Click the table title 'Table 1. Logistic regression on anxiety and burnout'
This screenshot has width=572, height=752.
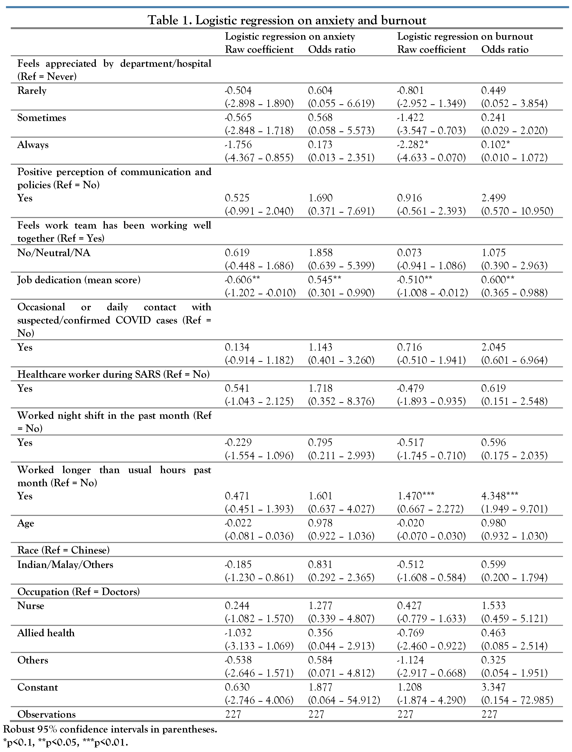click(287, 20)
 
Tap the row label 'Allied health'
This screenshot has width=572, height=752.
click(46, 633)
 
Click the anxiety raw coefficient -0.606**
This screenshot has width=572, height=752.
click(242, 280)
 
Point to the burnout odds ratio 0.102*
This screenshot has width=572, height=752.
click(495, 145)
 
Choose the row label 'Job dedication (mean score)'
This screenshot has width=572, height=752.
click(79, 280)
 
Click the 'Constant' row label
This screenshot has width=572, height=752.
click(38, 687)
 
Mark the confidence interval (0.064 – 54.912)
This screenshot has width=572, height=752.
click(344, 700)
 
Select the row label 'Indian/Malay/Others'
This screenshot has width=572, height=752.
click(65, 565)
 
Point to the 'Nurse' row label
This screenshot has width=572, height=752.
click(31, 606)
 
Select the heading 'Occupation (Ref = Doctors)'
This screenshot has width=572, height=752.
click(79, 592)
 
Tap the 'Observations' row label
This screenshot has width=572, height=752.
click(47, 714)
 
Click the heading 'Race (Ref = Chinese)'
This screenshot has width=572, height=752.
click(63, 550)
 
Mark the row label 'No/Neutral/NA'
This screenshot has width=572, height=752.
click(54, 253)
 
